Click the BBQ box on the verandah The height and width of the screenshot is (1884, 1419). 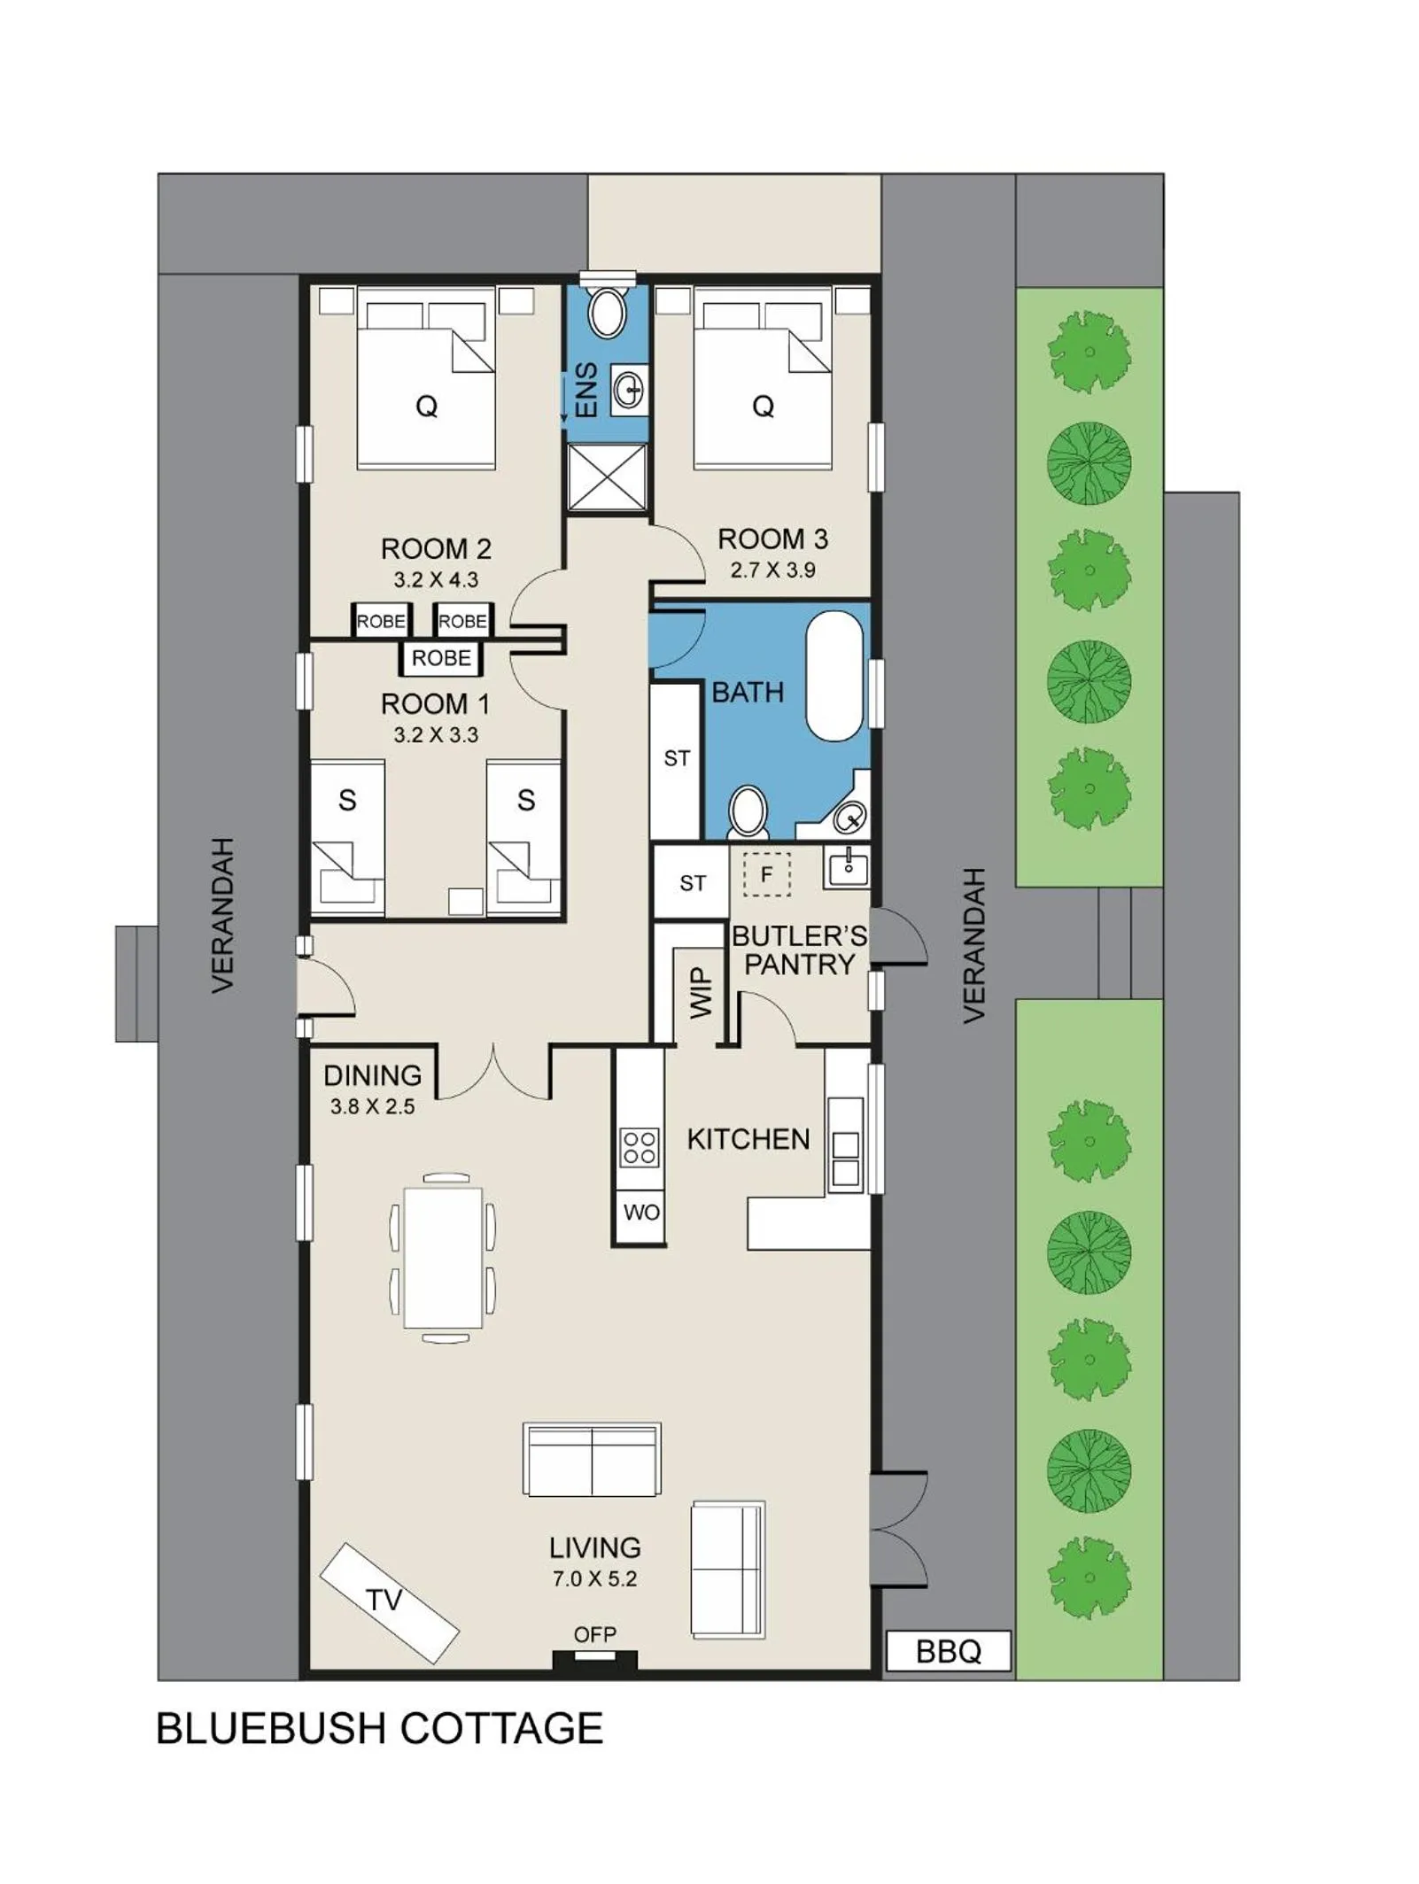point(948,1651)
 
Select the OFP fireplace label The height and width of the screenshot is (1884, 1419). point(594,1634)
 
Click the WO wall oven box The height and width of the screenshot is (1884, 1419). point(640,1212)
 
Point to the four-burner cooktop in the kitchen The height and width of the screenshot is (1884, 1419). point(640,1146)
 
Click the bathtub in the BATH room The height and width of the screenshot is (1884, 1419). point(834,675)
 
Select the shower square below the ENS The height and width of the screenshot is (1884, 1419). point(607,477)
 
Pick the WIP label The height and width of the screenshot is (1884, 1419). point(701,992)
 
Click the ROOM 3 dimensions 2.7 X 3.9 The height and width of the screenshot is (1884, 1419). point(772,570)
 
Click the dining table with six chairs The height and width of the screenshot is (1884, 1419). point(442,1258)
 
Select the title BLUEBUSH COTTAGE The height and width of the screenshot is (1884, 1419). point(379,1728)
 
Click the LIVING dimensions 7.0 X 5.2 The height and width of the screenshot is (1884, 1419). point(594,1578)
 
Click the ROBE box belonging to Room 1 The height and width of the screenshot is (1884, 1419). point(441,658)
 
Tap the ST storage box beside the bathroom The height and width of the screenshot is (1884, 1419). point(677,758)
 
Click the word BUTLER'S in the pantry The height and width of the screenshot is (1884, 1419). point(798,935)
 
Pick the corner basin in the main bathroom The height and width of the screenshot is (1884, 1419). point(849,816)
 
